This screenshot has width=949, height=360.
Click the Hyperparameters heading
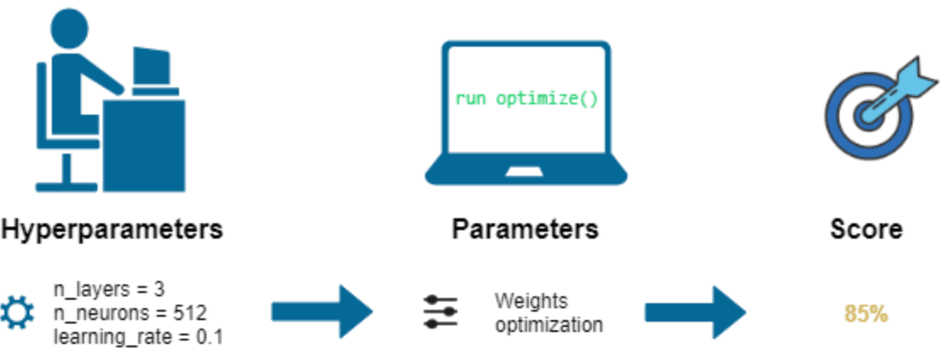pyautogui.click(x=112, y=229)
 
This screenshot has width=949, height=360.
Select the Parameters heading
pyautogui.click(x=525, y=229)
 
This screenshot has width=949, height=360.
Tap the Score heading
pyautogui.click(x=866, y=229)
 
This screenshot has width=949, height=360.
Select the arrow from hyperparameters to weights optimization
pyautogui.click(x=323, y=312)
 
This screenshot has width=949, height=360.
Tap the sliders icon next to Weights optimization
pyautogui.click(x=441, y=312)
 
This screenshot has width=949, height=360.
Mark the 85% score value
pyautogui.click(x=866, y=313)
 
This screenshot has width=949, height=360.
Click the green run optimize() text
pyautogui.click(x=526, y=98)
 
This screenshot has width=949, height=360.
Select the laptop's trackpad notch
pyautogui.click(x=526, y=171)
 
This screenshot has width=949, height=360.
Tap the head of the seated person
pyautogui.click(x=70, y=29)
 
